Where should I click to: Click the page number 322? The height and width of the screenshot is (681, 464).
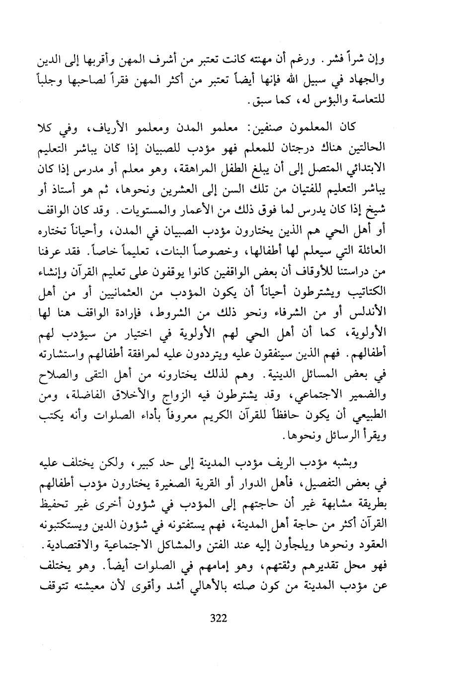[219, 618]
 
